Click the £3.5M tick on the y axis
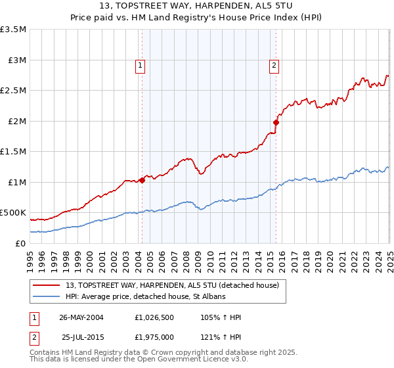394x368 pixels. (14, 30)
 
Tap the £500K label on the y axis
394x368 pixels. (13, 213)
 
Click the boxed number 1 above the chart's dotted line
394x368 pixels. (141, 65)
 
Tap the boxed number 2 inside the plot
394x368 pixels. (273, 65)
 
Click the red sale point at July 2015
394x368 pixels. (276, 122)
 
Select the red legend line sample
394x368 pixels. (47, 285)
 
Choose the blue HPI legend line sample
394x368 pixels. (47, 297)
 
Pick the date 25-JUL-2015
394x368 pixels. (81, 337)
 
